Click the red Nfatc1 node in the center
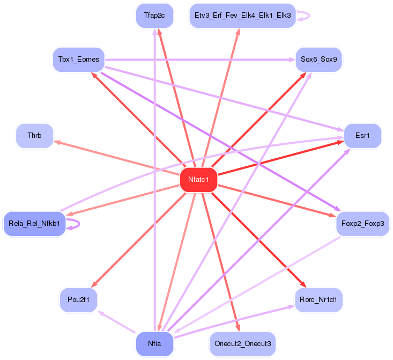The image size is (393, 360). coord(198,179)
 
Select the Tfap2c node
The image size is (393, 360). coord(154,16)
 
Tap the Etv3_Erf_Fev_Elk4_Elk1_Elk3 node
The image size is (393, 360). coord(242,16)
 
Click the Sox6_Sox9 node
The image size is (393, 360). coord(318,60)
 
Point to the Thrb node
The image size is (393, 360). coord(35,135)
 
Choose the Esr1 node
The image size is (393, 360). coord(362,135)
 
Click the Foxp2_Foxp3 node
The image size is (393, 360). coord(362,223)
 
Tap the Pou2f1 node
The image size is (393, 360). coord(78,299)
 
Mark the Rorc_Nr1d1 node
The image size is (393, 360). coord(318,299)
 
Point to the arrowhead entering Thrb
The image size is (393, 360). coord(56,142)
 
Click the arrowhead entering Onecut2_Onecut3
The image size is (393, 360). coord(236,328)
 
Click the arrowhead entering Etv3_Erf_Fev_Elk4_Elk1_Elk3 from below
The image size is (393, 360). coord(237,32)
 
